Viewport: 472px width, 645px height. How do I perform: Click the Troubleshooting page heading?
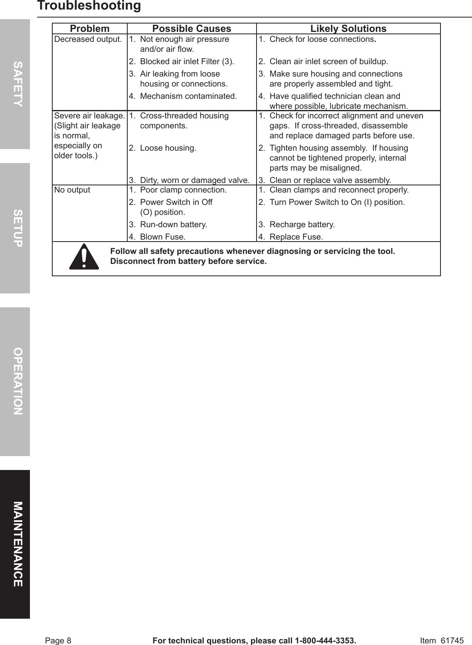pyautogui.click(x=89, y=6)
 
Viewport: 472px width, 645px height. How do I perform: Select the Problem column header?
pyautogui.click(x=89, y=29)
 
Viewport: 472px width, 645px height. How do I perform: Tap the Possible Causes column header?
pyautogui.click(x=192, y=29)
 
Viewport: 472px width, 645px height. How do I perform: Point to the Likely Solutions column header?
pyautogui.click(x=348, y=29)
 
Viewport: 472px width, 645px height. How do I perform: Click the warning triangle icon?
pyautogui.click(x=84, y=257)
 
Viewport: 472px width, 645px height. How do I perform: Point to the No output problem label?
pyautogui.click(x=72, y=190)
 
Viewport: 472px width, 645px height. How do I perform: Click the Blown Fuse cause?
pyautogui.click(x=162, y=237)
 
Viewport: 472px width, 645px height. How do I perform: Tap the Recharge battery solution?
pyautogui.click(x=302, y=224)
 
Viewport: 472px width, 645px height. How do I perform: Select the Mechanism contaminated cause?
pyautogui.click(x=188, y=96)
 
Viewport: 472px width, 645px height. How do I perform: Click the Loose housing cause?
pyautogui.click(x=168, y=148)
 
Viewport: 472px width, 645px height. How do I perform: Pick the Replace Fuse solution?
pyautogui.click(x=296, y=237)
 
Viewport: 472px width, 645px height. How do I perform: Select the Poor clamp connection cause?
pyautogui.click(x=183, y=190)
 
